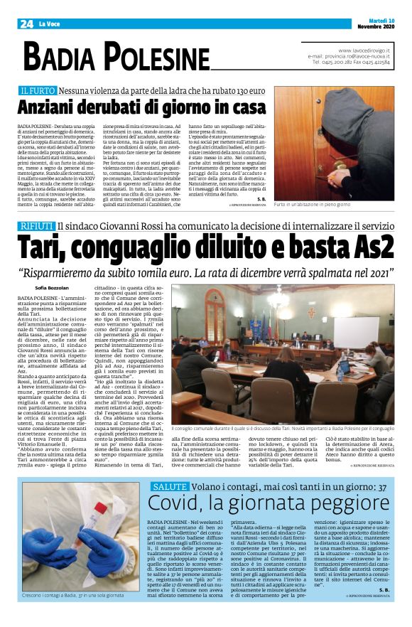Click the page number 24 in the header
click(x=26, y=23)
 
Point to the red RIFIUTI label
click(x=36, y=226)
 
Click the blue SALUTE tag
click(x=169, y=486)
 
